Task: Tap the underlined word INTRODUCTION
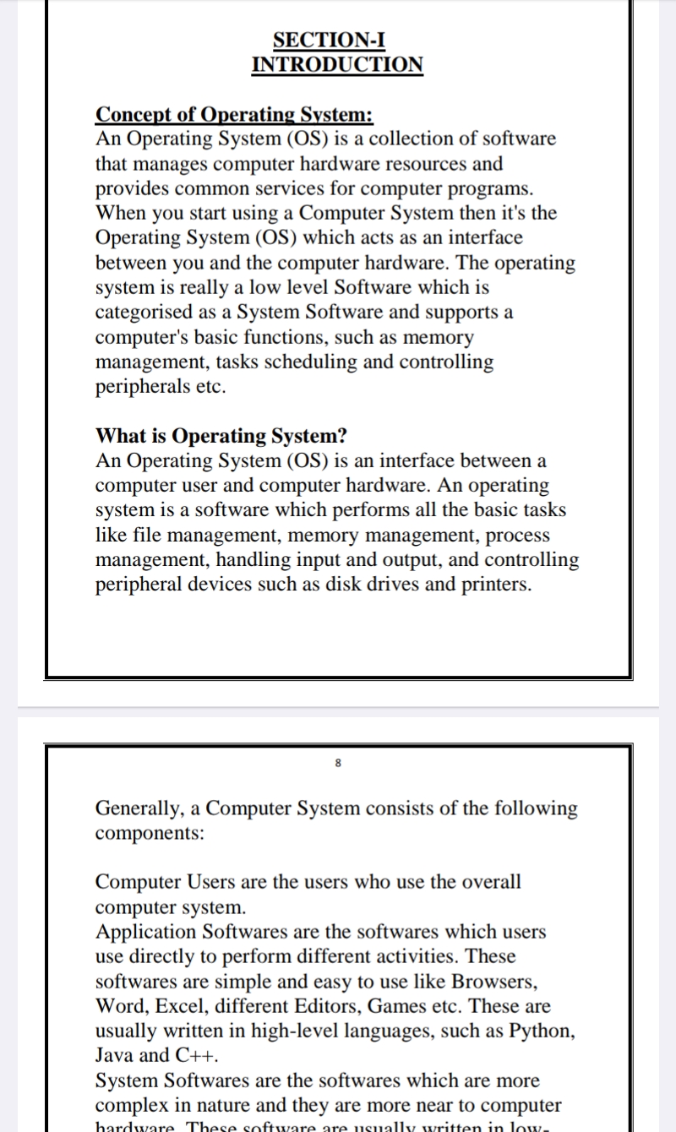click(337, 64)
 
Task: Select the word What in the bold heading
click(120, 436)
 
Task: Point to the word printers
click(497, 585)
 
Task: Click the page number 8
click(338, 763)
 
